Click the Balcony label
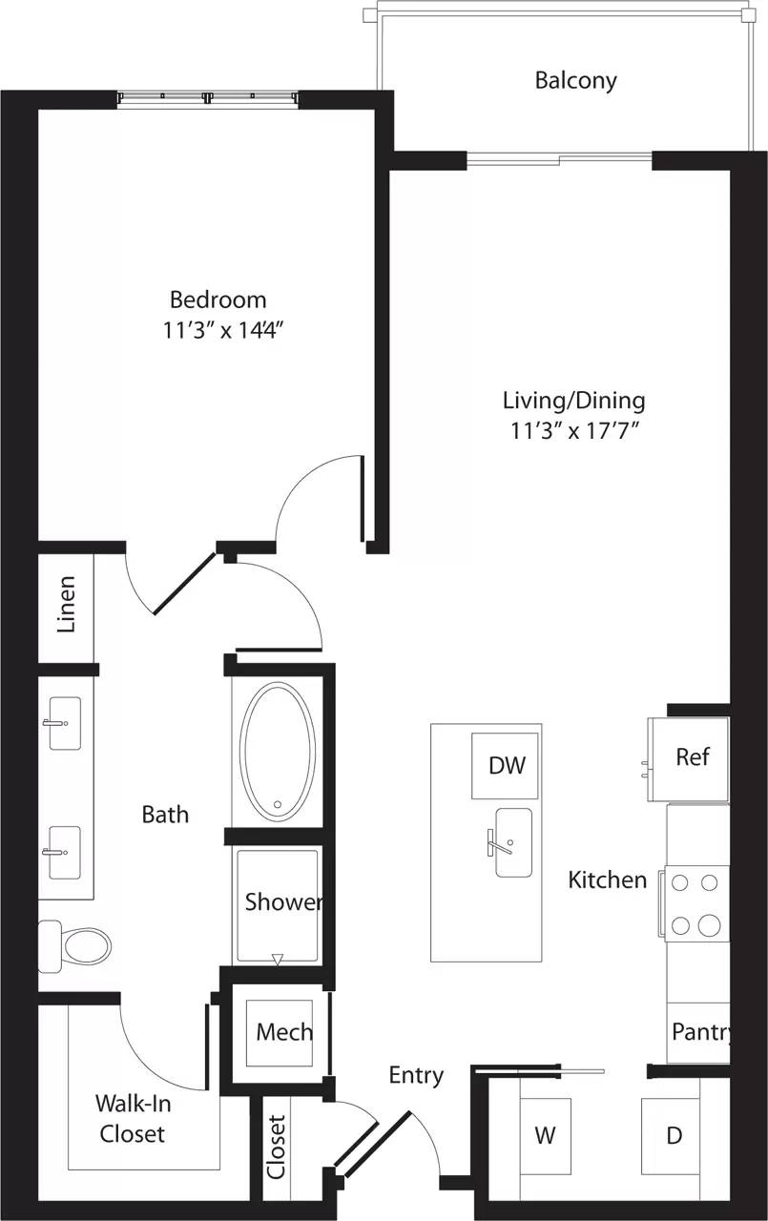pos(575,80)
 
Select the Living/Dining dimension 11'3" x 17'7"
pos(573,430)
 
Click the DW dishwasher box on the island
pos(507,765)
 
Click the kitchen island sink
pos(513,843)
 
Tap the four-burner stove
pos(695,902)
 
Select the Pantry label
pos(701,1032)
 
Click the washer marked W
pos(545,1135)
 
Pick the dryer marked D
pos(674,1135)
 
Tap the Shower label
pos(282,902)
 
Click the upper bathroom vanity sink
pos(65,723)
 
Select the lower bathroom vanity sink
pos(65,852)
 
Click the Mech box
pos(284,1032)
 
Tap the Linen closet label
pos(66,605)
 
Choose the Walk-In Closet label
pos(131,1118)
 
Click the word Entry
pos(416,1075)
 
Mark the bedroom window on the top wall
pos(209,97)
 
